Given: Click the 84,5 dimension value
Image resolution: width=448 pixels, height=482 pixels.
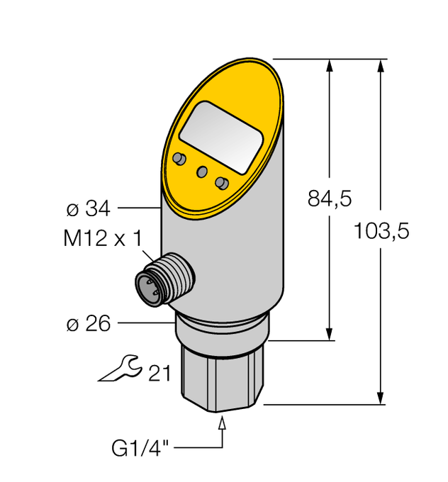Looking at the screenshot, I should pos(330,200).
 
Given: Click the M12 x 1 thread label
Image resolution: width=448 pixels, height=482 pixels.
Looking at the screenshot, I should pos(101,240).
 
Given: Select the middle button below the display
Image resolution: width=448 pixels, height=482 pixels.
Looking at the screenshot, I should pos(202,172).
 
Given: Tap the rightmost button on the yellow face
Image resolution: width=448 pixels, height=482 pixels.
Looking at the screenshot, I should pos(222,184).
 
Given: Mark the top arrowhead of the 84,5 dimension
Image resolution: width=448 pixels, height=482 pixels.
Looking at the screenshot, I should pos(330,66).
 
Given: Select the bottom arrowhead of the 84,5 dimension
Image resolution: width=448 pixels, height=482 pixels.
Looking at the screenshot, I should pos(330,332).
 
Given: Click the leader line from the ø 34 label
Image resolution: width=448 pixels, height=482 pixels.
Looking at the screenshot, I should pos(139,208).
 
